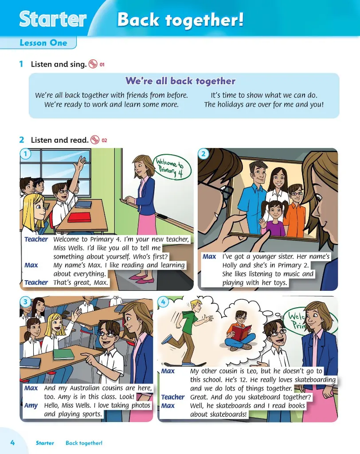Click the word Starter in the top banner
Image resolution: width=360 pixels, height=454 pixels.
click(x=53, y=19)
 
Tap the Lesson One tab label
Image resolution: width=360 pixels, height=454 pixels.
click(x=43, y=43)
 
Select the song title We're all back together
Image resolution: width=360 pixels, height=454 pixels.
click(x=180, y=81)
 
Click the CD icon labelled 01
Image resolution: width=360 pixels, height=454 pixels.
click(x=93, y=64)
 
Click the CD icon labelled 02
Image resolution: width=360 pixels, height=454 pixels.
click(x=95, y=140)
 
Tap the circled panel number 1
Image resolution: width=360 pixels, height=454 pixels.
click(x=26, y=154)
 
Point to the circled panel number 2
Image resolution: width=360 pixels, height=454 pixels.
click(x=203, y=154)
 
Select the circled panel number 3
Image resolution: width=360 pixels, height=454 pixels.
click(x=26, y=302)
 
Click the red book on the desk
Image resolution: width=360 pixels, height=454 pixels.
click(x=79, y=217)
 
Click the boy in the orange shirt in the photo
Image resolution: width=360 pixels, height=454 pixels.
click(x=295, y=208)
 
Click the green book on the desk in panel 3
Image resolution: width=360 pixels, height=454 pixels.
click(x=64, y=354)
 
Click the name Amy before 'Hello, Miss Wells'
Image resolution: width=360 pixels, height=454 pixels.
click(x=31, y=405)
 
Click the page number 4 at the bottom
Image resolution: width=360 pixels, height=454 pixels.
click(x=12, y=442)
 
